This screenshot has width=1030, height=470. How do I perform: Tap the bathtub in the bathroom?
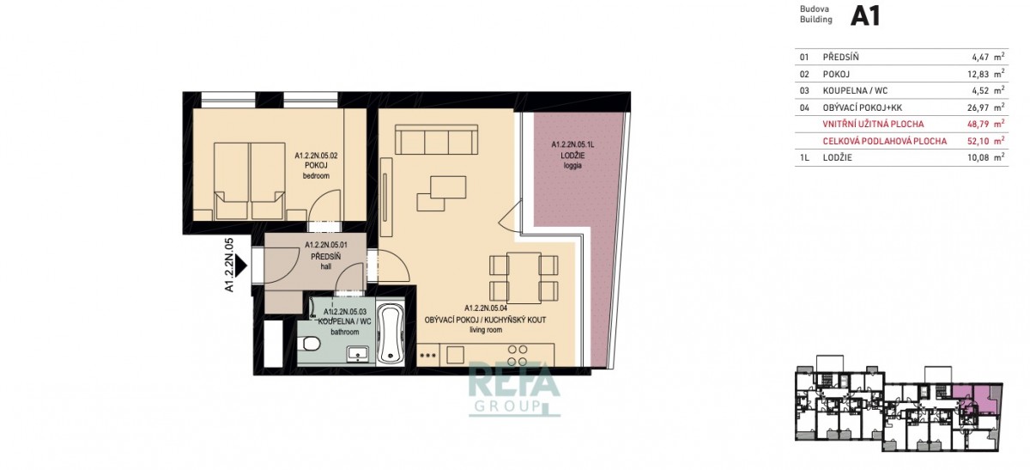(391, 332)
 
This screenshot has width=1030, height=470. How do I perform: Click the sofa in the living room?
(436, 139)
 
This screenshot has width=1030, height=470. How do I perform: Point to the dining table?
(524, 278)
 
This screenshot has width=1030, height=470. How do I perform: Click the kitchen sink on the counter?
(455, 355)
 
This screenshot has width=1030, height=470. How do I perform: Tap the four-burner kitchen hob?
(518, 356)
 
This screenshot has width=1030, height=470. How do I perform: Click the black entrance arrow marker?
(242, 266)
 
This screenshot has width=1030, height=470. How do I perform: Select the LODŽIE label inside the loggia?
(572, 156)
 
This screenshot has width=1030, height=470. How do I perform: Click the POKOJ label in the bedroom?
(316, 166)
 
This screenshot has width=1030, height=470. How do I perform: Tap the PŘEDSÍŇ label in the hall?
(325, 256)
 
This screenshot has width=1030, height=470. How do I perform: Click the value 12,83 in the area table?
(979, 74)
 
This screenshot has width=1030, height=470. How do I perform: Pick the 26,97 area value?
(979, 107)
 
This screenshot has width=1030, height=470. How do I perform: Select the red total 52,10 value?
(979, 141)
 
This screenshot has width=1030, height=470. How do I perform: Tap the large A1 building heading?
(865, 16)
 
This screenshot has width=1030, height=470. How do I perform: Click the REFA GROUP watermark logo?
(514, 390)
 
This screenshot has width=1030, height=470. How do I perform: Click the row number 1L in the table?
(804, 158)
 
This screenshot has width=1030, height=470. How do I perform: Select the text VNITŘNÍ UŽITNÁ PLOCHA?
(873, 125)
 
